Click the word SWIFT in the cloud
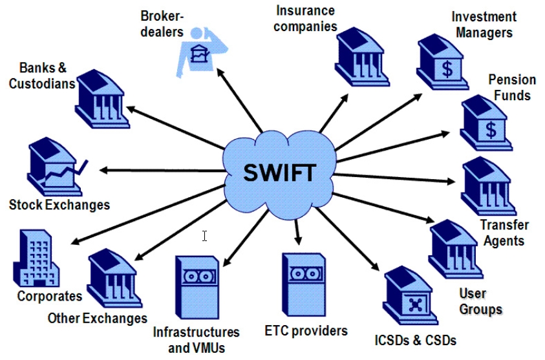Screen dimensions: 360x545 pos(280,173)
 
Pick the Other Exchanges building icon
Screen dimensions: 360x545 pos(114,281)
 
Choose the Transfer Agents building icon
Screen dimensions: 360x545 pos(488,187)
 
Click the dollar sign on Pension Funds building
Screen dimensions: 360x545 pos(491,131)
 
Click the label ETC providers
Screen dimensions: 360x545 pos(306,331)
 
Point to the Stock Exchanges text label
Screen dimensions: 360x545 pos(59,205)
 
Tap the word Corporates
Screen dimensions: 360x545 pos(50,297)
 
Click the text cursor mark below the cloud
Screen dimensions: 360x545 pos(204,236)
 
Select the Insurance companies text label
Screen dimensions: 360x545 pos(306,19)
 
